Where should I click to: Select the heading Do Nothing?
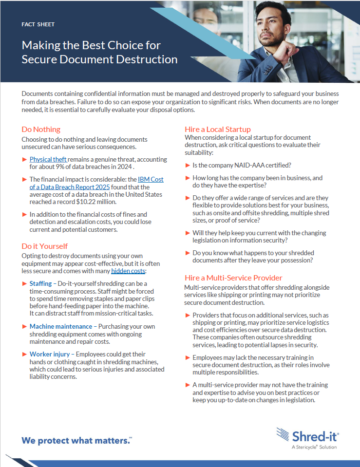41,129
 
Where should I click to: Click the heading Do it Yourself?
45,246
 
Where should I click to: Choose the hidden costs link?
128,271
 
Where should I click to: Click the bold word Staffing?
40,283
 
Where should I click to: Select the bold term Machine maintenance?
60,326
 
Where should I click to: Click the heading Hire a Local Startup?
218,129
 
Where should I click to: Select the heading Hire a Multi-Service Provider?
233,278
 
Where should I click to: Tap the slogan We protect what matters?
76,441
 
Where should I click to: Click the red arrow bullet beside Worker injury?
25,354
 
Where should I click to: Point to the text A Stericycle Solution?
314,447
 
